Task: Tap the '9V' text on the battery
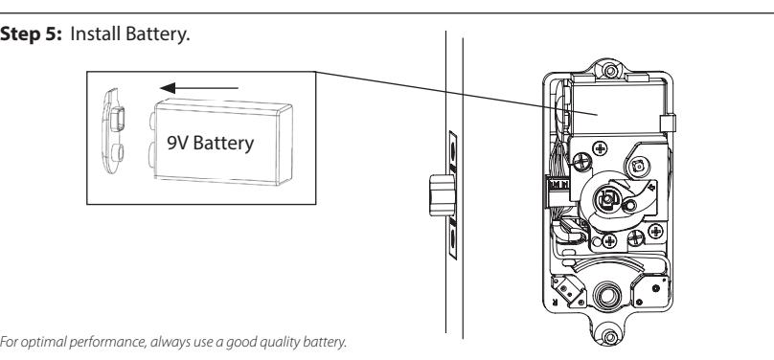point(178,143)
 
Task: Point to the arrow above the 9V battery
point(199,88)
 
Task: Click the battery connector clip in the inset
point(113,132)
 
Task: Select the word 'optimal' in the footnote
point(42,342)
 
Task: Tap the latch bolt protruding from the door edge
point(442,195)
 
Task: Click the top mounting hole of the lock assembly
point(610,71)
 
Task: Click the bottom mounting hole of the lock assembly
point(610,337)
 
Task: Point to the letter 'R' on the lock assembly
point(555,302)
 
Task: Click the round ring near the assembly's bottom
point(607,296)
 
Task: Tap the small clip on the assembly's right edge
point(668,123)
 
